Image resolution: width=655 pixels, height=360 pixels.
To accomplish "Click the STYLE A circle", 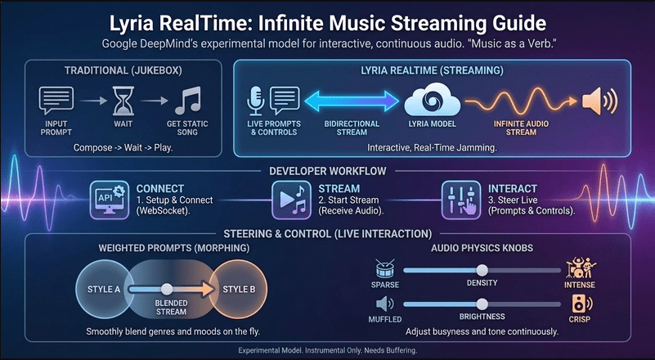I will (104, 290).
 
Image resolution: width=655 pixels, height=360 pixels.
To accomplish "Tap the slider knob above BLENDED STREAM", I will (167, 289).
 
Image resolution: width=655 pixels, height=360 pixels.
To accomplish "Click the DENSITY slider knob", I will (482, 270).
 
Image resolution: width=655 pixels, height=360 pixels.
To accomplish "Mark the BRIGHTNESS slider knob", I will (482, 304).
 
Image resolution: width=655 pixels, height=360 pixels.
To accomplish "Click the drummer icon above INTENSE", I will (578, 269).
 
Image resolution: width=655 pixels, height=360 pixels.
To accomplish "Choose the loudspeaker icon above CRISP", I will (578, 304).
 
